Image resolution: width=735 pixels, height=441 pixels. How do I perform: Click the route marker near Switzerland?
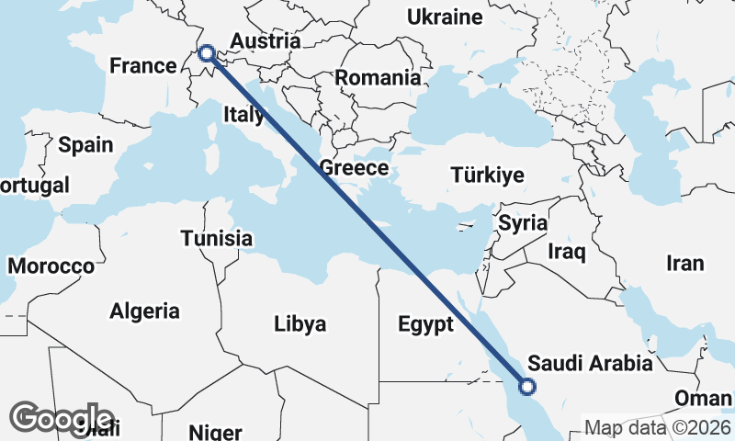pos(207,53)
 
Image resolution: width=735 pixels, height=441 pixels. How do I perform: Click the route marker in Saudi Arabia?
pos(527,387)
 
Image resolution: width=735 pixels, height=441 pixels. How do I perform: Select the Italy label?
pos(243,115)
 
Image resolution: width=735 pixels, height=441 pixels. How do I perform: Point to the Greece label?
pos(354,168)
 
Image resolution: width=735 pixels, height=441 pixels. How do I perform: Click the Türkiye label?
pos(487,175)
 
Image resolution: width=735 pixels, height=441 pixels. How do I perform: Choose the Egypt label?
pos(425,324)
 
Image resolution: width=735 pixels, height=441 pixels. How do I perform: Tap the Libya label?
pos(300,324)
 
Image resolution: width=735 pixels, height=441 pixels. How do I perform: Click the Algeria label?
pos(144,311)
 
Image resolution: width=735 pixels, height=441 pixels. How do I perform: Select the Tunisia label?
pos(216,239)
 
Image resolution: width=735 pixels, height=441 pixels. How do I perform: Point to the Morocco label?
pos(51,266)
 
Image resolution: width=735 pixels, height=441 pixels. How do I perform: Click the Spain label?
pos(85,145)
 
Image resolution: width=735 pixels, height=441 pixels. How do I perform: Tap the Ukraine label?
pos(445,17)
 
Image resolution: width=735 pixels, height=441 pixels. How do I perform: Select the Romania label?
pos(378,78)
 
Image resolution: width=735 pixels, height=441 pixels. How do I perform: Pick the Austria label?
pos(266,41)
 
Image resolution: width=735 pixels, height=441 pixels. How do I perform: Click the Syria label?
pos(523,223)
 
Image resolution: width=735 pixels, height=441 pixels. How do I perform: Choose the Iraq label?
pos(566,251)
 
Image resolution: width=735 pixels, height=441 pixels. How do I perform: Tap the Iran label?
pos(684,264)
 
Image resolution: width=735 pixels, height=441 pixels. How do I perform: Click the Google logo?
pos(62,418)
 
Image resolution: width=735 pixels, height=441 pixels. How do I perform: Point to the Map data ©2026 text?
pos(658,427)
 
